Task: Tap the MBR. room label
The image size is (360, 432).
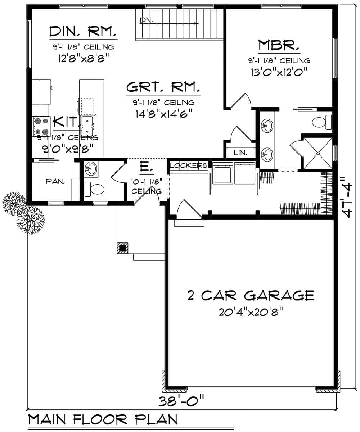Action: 279,46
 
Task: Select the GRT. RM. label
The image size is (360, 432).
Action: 163,87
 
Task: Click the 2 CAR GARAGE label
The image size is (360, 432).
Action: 251,295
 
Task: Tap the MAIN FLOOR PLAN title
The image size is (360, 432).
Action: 103,419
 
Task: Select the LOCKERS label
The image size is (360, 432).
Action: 188,165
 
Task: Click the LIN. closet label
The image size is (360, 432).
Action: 240,153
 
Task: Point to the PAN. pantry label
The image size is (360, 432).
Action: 55,182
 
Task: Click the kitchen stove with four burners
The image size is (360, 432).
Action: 41,126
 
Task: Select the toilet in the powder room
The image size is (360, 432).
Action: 95,188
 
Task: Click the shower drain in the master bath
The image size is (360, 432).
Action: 318,153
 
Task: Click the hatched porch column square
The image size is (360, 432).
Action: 122,248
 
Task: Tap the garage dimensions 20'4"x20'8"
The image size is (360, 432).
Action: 250,312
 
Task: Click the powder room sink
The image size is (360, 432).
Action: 91,168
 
